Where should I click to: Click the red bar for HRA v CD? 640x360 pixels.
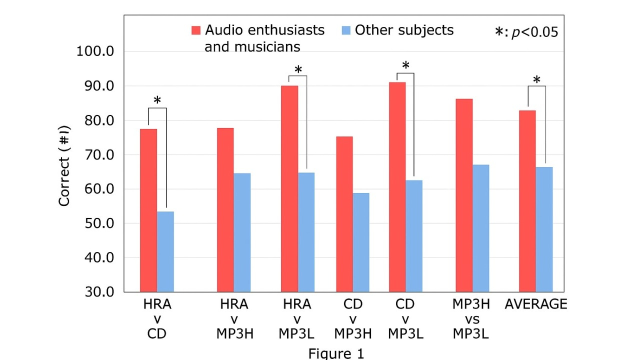148,210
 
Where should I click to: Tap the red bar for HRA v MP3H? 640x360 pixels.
225,210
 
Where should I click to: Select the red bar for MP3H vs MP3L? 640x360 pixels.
464,195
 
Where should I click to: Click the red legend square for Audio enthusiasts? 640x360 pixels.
196,30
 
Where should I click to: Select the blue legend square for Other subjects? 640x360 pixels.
346,30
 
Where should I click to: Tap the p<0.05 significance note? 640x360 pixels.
526,32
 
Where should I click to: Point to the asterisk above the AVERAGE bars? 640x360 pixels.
536,80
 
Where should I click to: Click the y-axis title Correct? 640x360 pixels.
64,173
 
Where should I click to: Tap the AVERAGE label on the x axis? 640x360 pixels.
536,304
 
